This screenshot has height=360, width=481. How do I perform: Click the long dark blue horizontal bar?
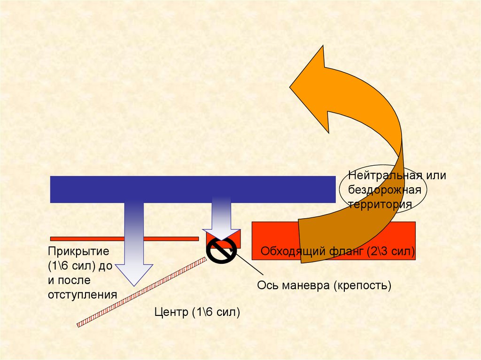[x=193, y=189]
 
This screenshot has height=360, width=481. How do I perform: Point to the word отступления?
[x=82, y=295]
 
